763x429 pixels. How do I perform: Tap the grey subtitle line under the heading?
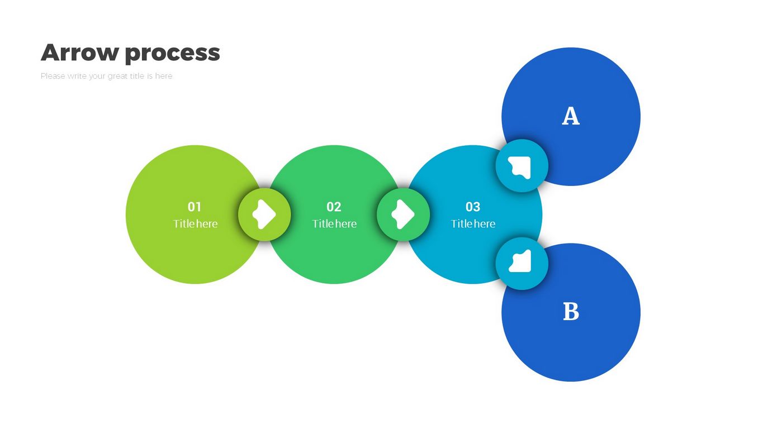pyautogui.click(x=106, y=76)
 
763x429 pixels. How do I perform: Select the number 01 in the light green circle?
pyautogui.click(x=195, y=207)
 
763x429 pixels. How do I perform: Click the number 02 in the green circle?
pyautogui.click(x=334, y=207)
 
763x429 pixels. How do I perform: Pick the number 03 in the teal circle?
pyautogui.click(x=473, y=207)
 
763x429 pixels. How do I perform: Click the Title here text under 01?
pyautogui.click(x=195, y=224)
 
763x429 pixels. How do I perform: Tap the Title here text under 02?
pyautogui.click(x=334, y=224)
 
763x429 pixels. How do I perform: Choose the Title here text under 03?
pyautogui.click(x=473, y=224)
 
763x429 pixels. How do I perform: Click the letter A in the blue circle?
pyautogui.click(x=571, y=116)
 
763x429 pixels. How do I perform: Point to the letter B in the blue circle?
pyautogui.click(x=571, y=312)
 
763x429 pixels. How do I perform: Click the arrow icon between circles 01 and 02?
pyautogui.click(x=264, y=214)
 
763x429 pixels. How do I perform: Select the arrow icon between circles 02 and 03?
pyautogui.click(x=404, y=214)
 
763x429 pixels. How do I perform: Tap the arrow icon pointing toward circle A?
pyautogui.click(x=522, y=166)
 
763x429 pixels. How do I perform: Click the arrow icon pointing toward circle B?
pyautogui.click(x=522, y=263)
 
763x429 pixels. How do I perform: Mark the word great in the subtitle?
pyautogui.click(x=117, y=77)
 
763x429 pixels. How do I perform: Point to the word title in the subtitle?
pyautogui.click(x=137, y=76)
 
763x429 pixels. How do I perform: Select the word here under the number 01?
pyautogui.click(x=206, y=224)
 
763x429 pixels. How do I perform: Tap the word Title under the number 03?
pyautogui.click(x=462, y=224)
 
